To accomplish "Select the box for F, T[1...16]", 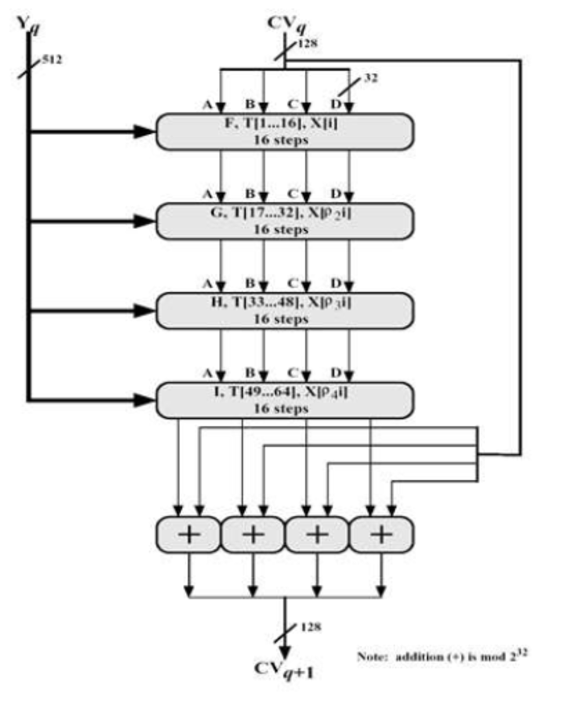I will click(x=284, y=132).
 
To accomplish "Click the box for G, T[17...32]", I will click(x=284, y=221).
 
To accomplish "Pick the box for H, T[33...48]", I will click(x=284, y=311).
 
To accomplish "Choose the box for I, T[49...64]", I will click(x=284, y=400).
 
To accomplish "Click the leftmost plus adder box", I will click(x=188, y=535).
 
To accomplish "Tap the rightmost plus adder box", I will click(x=381, y=535).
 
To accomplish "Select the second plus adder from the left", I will click(x=253, y=535).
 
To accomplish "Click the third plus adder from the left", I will click(x=317, y=535).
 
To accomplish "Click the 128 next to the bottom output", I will click(x=310, y=626).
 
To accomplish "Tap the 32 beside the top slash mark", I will click(x=371, y=78).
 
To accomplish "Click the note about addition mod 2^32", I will click(x=442, y=655).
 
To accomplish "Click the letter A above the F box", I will click(x=208, y=105).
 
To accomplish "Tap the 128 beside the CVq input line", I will click(x=307, y=43).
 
